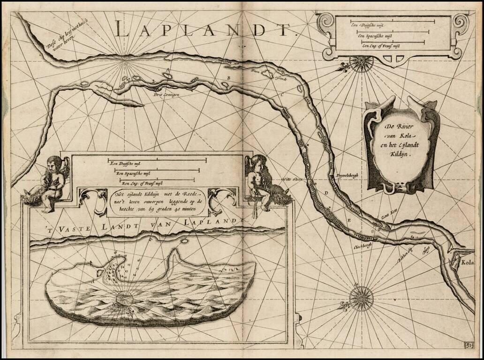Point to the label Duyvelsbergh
click(x=347, y=176)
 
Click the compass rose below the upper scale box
click(x=361, y=63)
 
